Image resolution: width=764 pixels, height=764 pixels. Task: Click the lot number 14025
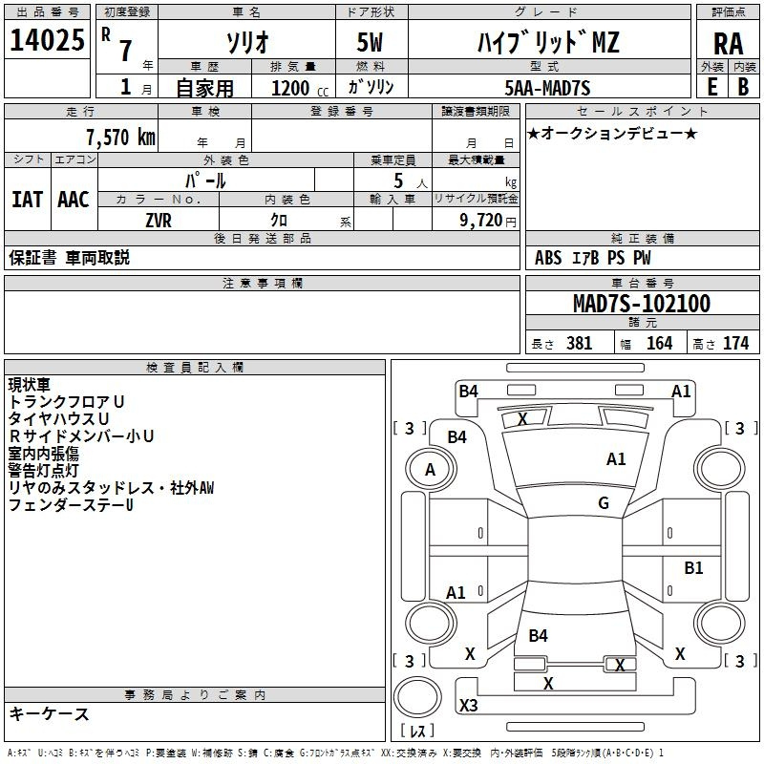tap(47, 41)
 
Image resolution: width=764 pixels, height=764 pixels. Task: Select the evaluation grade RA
tap(728, 43)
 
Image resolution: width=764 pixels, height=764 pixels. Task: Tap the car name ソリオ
tap(245, 42)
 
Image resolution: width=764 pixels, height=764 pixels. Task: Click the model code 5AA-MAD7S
tap(547, 88)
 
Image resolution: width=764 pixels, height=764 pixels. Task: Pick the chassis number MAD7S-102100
tap(641, 304)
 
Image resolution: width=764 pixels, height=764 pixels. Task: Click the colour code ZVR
tap(159, 220)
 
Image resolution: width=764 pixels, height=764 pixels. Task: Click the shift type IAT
tap(28, 200)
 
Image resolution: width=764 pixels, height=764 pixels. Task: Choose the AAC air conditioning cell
tap(73, 200)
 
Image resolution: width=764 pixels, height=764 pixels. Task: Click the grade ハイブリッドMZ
tap(548, 43)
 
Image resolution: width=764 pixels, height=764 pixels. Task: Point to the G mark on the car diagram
tap(603, 503)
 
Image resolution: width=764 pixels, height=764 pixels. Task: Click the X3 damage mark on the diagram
tap(469, 706)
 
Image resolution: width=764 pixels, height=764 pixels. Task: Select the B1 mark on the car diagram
tap(693, 568)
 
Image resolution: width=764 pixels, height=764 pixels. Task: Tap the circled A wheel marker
tap(430, 469)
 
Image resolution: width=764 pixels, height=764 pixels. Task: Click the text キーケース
tap(49, 714)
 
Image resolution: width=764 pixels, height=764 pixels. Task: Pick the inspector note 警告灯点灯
tap(47, 469)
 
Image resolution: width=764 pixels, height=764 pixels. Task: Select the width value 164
tap(659, 343)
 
